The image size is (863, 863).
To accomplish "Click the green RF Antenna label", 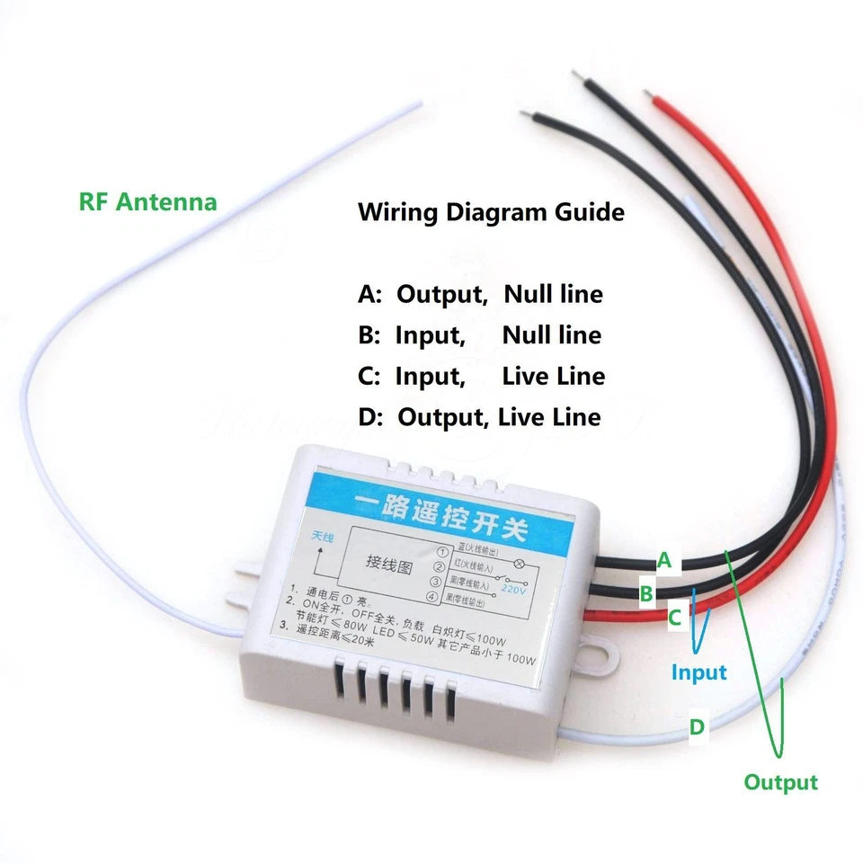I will point(147,201).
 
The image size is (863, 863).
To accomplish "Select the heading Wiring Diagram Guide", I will point(491,213).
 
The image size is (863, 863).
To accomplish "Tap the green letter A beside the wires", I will point(663,560).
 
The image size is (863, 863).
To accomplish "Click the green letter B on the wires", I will point(645,593).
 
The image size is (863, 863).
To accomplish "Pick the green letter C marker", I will point(674,618).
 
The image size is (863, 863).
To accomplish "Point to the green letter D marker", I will point(698,726).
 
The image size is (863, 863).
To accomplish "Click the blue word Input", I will point(698,672).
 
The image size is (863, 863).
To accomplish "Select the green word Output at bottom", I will point(780,782).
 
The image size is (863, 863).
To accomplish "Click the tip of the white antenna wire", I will point(417,106).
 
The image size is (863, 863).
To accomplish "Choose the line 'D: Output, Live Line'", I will point(479,417).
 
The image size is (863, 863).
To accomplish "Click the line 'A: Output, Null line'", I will point(480,294).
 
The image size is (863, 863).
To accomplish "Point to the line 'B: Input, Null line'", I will point(479,335).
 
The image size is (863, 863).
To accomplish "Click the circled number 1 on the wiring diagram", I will point(441,551).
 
